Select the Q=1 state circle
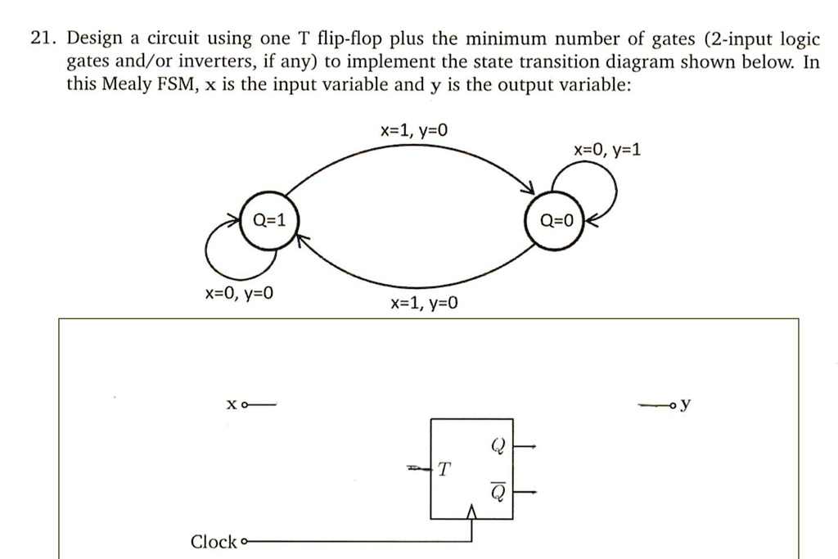269,219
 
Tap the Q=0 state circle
556,220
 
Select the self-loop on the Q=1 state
225,250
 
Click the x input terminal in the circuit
246,404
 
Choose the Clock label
213,542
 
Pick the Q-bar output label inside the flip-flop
498,491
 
